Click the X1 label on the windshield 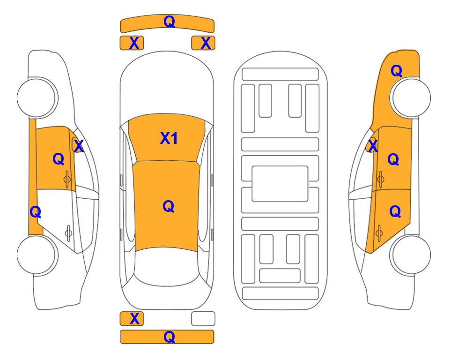169,138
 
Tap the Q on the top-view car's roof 169,206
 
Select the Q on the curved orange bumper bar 170,21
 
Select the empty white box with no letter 203,319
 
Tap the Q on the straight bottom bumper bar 170,337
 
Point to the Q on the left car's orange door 59,159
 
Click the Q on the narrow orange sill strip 36,212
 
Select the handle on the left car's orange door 67,179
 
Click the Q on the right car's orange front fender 396,71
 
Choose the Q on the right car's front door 393,159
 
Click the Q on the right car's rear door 395,211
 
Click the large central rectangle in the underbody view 280,184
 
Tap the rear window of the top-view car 167,266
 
